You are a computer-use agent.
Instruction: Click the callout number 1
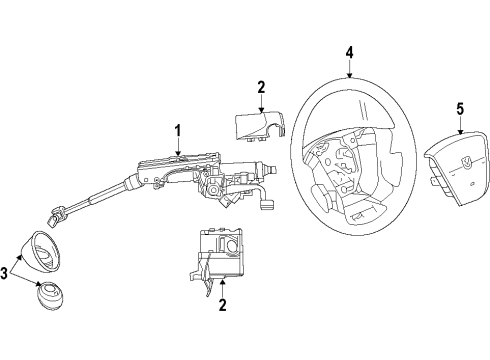point(177,129)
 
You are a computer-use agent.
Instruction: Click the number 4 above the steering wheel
point(350,52)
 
